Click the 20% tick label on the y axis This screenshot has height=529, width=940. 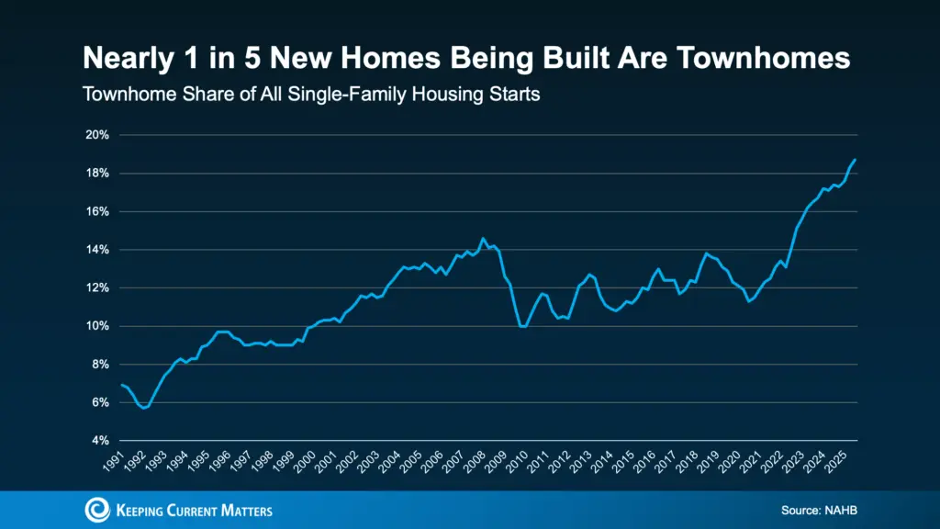pyautogui.click(x=98, y=135)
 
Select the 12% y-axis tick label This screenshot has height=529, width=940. pyautogui.click(x=98, y=287)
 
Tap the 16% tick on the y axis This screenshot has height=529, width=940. pyautogui.click(x=98, y=211)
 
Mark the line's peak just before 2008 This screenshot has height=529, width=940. pyautogui.click(x=483, y=239)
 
